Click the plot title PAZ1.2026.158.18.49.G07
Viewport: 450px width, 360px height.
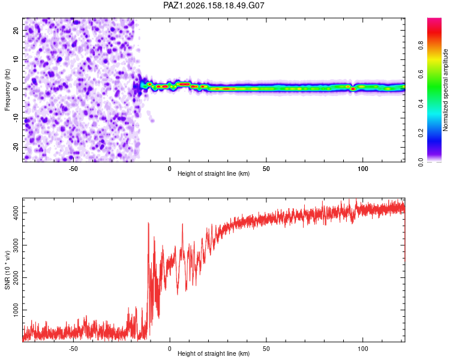coord(214,5)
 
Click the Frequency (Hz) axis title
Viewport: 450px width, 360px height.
coord(7,90)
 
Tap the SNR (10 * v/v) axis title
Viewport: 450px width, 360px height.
coord(7,270)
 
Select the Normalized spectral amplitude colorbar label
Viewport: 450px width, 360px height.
coord(445,90)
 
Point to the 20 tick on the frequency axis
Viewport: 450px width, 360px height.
coord(16,30)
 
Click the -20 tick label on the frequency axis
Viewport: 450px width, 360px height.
coord(16,147)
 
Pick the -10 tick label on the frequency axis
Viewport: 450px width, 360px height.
coord(16,118)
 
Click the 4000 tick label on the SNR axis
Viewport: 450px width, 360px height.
coord(16,213)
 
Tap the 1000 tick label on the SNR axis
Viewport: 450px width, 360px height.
coord(16,310)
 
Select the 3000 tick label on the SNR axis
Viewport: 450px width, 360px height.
coord(16,245)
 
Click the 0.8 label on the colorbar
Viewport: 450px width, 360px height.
coord(421,46)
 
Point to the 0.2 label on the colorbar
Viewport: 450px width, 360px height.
coord(421,133)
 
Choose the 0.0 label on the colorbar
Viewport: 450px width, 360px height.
coord(421,162)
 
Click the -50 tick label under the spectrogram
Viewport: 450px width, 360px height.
coord(73,169)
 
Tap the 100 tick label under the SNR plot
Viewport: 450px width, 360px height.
coord(363,349)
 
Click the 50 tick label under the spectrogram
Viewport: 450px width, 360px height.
coord(266,169)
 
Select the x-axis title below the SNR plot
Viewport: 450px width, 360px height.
coord(214,353)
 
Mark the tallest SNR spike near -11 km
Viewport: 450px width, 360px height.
coord(148,223)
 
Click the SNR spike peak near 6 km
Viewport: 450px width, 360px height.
coord(182,224)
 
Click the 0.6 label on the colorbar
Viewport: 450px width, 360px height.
coord(421,74)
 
